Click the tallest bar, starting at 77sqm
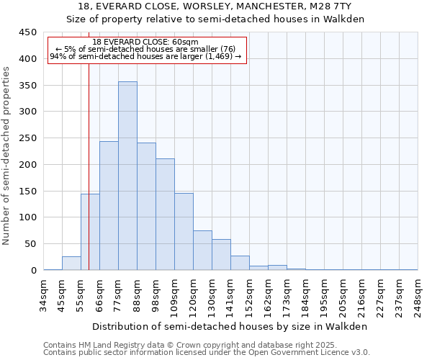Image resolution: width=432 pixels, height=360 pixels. (x=127, y=176)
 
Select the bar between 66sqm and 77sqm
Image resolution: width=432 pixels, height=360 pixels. (x=109, y=206)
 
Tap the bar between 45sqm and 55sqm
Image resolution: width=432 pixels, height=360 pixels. (x=71, y=264)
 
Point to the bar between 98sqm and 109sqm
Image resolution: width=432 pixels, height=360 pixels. (x=165, y=215)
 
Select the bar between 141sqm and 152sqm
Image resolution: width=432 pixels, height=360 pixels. (x=240, y=264)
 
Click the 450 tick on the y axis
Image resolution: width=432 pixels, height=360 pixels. (x=28, y=32)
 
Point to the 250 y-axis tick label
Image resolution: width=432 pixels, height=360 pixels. (x=28, y=138)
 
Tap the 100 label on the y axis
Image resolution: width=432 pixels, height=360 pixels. (x=28, y=217)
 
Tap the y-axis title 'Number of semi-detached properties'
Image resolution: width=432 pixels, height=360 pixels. (x=7, y=156)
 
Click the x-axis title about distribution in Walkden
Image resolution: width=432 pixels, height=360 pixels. (x=230, y=326)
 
